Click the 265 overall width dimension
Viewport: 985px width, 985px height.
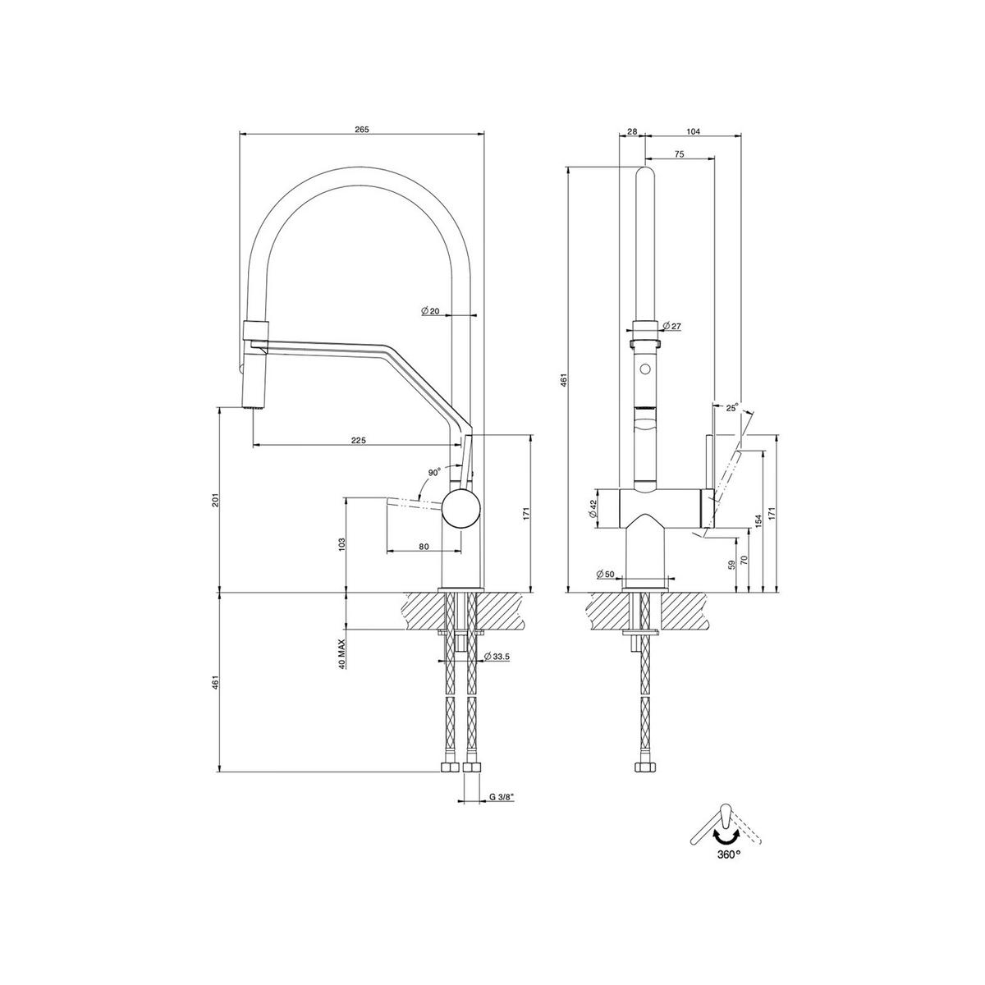tap(362, 129)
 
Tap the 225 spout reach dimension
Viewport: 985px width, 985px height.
tap(358, 440)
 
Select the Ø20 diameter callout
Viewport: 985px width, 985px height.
tap(431, 311)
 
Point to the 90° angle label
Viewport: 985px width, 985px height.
tap(434, 473)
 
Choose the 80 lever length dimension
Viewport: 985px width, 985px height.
tap(424, 546)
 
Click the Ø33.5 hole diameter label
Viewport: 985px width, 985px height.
tap(498, 657)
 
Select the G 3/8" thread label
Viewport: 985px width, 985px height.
tap(502, 796)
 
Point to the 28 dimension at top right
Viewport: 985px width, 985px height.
tap(631, 131)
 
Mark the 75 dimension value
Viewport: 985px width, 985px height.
tap(679, 153)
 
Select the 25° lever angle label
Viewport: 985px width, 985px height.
tap(731, 405)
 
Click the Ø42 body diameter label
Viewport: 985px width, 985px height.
tap(593, 509)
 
